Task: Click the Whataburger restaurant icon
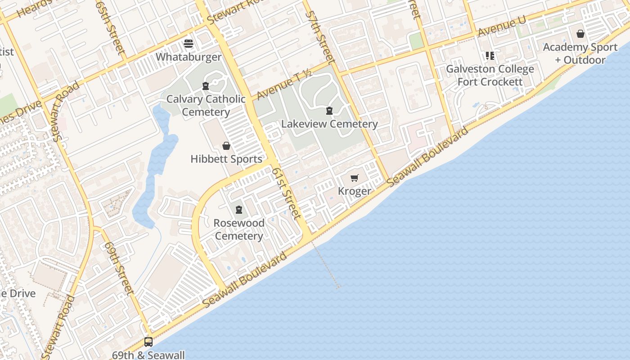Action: tap(189, 44)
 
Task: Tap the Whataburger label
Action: tap(189, 57)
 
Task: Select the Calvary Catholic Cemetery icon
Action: tap(206, 85)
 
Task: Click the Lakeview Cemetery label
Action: tap(329, 124)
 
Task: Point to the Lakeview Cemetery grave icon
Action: tap(329, 110)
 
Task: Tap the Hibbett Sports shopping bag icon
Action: tap(226, 146)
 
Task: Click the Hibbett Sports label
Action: tap(226, 159)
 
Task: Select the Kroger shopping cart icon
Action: tap(355, 178)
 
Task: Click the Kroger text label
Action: tap(355, 191)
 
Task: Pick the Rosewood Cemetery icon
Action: tap(239, 209)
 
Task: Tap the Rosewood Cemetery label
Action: tap(239, 229)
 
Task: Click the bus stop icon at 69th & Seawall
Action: tap(148, 342)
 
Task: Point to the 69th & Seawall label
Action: tap(148, 355)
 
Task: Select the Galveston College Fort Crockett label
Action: tap(490, 75)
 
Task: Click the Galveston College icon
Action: tap(490, 56)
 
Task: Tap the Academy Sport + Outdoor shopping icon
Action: tap(580, 34)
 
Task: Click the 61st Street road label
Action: tap(286, 193)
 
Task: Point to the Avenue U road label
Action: tap(502, 27)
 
